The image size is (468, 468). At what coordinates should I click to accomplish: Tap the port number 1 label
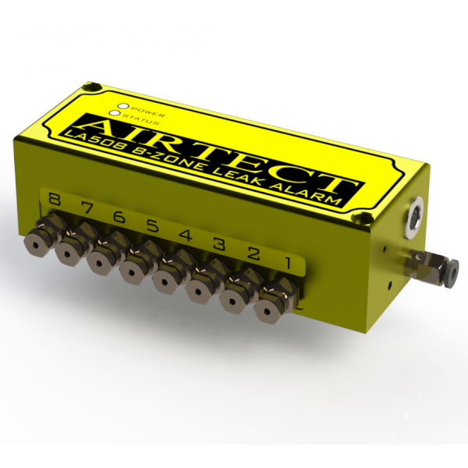(288, 263)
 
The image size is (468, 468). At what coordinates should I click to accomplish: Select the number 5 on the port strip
(153, 226)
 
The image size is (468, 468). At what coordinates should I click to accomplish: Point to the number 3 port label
(221, 244)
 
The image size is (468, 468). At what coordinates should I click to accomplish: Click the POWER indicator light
(123, 106)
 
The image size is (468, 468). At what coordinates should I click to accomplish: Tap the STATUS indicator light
(115, 113)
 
